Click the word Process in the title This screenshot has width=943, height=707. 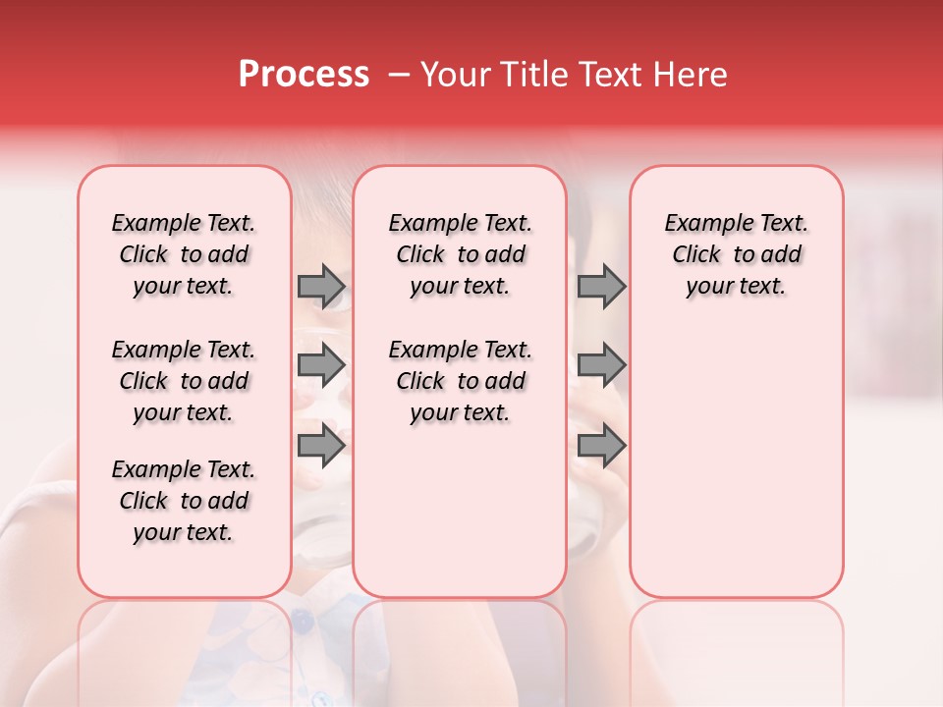click(x=304, y=75)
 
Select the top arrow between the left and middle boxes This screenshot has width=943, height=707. click(x=321, y=286)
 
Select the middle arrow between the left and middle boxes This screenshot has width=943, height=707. click(x=321, y=366)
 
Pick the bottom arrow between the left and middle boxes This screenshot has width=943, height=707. click(x=321, y=445)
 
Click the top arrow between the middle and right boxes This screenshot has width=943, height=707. click(x=601, y=286)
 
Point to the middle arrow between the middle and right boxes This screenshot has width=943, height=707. click(x=601, y=366)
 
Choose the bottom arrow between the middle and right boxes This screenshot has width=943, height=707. click(x=601, y=445)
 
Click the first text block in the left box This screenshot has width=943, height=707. click(x=184, y=254)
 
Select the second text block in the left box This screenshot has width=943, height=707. click(x=184, y=381)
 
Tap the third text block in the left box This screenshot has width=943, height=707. click(x=184, y=501)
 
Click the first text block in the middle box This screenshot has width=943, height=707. click(x=460, y=254)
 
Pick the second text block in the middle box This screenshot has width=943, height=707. click(x=460, y=381)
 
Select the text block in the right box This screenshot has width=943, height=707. click(x=736, y=254)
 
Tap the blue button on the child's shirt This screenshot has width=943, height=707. click(x=304, y=622)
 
